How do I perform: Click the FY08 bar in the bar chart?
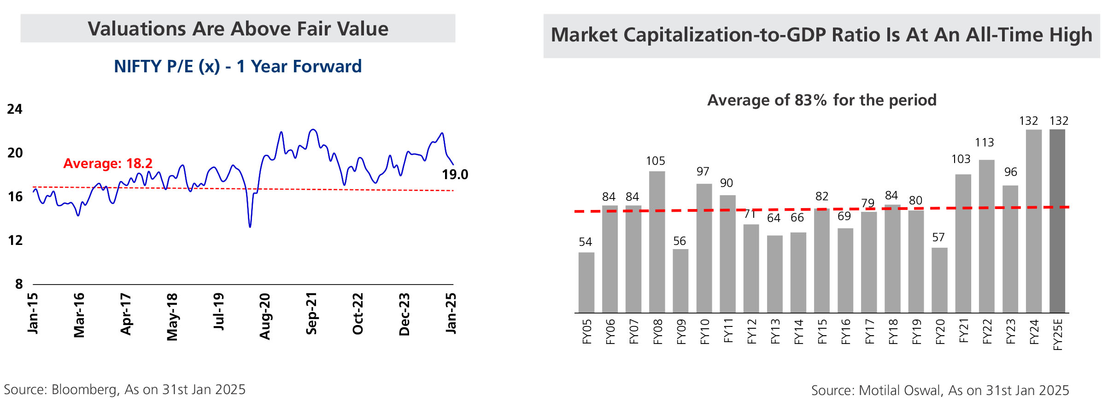(657, 242)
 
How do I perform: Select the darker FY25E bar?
(1057, 221)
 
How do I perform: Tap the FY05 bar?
(586, 283)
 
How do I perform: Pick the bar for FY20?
(939, 280)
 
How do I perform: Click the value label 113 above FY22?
(985, 143)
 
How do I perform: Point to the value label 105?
(656, 161)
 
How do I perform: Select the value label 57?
(938, 238)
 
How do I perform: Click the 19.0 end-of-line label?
(455, 175)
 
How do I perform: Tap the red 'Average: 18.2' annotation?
(108, 163)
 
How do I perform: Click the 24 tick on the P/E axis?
(15, 109)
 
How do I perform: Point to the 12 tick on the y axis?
(15, 240)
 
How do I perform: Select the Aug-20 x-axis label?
(265, 316)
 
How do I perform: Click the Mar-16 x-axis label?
(79, 315)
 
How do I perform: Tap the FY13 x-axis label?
(775, 332)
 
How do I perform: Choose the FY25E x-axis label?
(1058, 335)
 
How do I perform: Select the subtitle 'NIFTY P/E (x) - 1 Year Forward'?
(238, 67)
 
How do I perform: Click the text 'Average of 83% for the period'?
(822, 100)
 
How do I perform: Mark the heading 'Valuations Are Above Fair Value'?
(238, 29)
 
